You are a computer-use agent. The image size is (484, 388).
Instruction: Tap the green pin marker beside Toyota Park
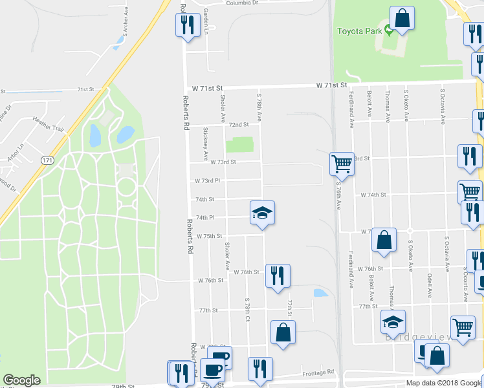[x=388, y=30]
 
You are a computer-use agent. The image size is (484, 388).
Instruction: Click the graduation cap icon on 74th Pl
[x=262, y=213]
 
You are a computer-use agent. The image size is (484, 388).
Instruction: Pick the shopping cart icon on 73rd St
[x=342, y=164]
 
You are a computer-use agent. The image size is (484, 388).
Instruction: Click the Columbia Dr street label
[x=241, y=3]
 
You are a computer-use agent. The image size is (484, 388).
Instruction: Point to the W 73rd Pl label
[x=208, y=181]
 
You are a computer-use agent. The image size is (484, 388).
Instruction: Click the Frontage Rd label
[x=320, y=372]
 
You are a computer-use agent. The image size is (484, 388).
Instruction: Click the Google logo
[x=21, y=380]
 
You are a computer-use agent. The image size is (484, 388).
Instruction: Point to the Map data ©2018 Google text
[x=443, y=383]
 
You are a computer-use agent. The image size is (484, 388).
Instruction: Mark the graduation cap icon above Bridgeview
[x=392, y=321]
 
